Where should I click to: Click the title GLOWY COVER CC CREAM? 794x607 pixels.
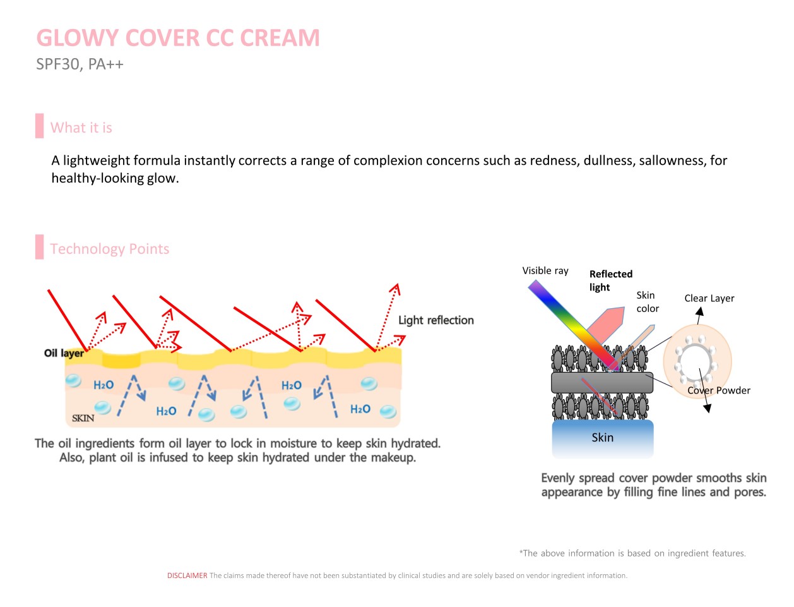(x=178, y=38)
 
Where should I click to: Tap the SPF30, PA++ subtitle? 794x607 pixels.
(x=80, y=64)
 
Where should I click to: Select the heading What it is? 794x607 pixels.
(x=81, y=128)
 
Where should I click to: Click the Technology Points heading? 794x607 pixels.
(x=110, y=249)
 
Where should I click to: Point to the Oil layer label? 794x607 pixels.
(x=64, y=353)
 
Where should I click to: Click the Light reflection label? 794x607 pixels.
(x=436, y=320)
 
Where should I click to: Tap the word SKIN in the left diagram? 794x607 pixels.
(x=83, y=418)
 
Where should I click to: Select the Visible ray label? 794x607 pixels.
(x=545, y=271)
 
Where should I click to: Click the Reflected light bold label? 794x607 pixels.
(x=610, y=280)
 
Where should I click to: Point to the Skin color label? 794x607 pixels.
(x=647, y=302)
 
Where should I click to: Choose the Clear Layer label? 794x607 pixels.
(x=709, y=298)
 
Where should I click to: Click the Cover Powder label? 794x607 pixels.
(x=719, y=390)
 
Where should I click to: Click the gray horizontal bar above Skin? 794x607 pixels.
(x=602, y=382)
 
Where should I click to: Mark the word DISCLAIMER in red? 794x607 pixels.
(x=187, y=575)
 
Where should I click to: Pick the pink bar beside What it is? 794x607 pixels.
(x=40, y=126)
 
